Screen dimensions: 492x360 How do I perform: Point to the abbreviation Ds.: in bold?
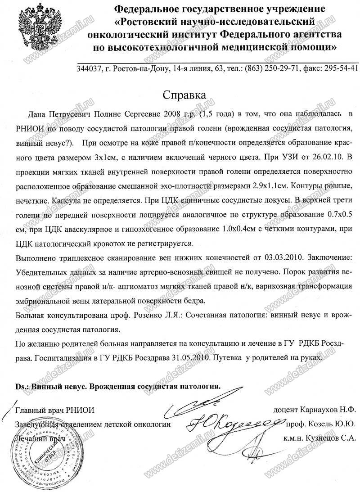24,387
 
